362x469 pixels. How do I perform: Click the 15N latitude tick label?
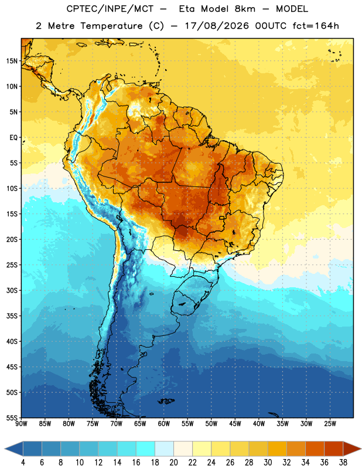click(x=12, y=61)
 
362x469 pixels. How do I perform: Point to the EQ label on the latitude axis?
click(x=13, y=138)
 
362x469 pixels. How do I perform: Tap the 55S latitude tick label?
click(x=12, y=417)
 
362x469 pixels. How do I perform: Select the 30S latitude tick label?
click(x=12, y=290)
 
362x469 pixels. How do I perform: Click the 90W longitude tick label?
click(x=22, y=424)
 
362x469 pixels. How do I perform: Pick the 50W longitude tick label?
click(x=211, y=424)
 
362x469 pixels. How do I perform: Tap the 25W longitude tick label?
click(x=330, y=424)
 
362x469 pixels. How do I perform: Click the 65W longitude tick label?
click(x=140, y=424)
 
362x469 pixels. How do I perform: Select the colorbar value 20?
click(x=173, y=463)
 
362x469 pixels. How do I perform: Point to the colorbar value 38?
click(x=343, y=463)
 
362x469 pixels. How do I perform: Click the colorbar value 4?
click(x=23, y=463)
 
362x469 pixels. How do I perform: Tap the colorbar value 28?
click(x=249, y=463)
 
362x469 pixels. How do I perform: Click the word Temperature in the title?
click(x=111, y=26)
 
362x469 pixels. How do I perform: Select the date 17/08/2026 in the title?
click(x=217, y=26)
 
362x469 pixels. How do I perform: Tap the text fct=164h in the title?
click(x=316, y=26)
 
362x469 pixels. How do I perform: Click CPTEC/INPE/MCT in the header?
click(x=110, y=9)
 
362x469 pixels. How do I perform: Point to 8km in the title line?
click(x=245, y=9)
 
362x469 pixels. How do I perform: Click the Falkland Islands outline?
click(x=166, y=401)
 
